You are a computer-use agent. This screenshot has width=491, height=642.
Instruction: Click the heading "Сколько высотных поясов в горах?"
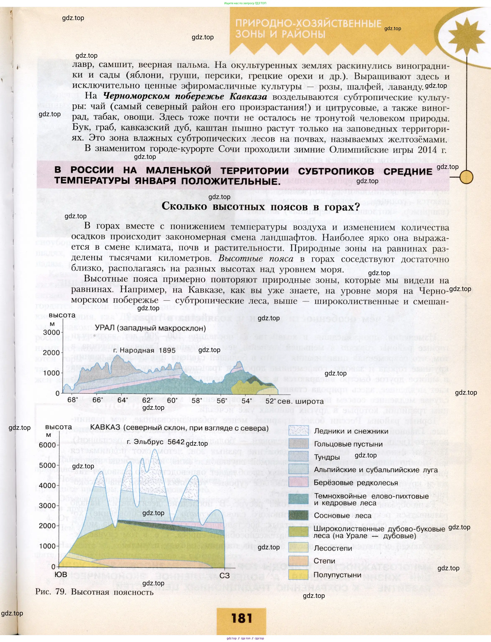click(x=260, y=207)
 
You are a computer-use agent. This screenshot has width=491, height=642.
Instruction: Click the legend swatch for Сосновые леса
click(x=298, y=515)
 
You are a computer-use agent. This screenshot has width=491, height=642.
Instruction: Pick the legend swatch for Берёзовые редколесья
click(x=298, y=482)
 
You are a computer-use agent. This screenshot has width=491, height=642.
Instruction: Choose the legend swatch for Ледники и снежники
click(x=298, y=431)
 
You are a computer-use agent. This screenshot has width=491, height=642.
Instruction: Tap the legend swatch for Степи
click(x=298, y=561)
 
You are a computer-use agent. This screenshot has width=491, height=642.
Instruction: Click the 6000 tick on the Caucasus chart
click(x=47, y=445)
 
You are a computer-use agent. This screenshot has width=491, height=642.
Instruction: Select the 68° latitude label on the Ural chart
click(x=73, y=400)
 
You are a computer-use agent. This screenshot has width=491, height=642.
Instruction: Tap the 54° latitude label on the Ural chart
click(x=247, y=401)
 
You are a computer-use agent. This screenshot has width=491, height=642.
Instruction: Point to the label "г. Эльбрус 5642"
click(x=156, y=442)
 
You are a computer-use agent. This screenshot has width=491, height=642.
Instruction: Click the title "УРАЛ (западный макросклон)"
click(x=150, y=328)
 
